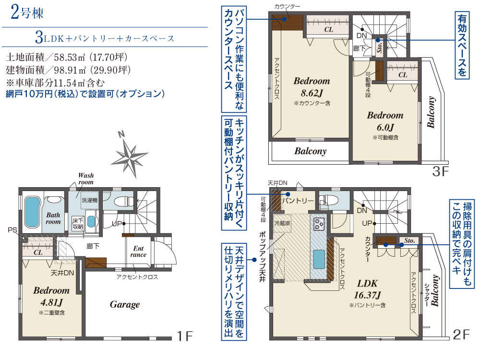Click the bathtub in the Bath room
pyautogui.click(x=32, y=212)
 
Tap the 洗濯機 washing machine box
pyautogui.click(x=89, y=200)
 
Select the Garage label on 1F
pyautogui.click(x=125, y=305)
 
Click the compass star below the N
pyautogui.click(x=130, y=158)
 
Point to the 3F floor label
pyautogui.click(x=440, y=171)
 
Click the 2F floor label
pyautogui.click(x=461, y=335)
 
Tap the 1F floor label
pyautogui.click(x=185, y=336)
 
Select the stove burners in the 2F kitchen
pyautogui.click(x=319, y=224)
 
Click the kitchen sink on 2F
pyautogui.click(x=319, y=259)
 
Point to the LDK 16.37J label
pyautogui.click(x=367, y=289)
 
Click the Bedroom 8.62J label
pyautogui.click(x=312, y=87)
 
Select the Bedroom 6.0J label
pyautogui.click(x=385, y=121)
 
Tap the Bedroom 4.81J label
pyautogui.click(x=51, y=296)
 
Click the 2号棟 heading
pyautogui.click(x=27, y=13)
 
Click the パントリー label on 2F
pyautogui.click(x=298, y=201)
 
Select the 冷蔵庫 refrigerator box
pyautogui.click(x=282, y=223)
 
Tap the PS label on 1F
pyautogui.click(x=12, y=230)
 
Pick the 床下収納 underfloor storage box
pyautogui.click(x=78, y=224)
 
